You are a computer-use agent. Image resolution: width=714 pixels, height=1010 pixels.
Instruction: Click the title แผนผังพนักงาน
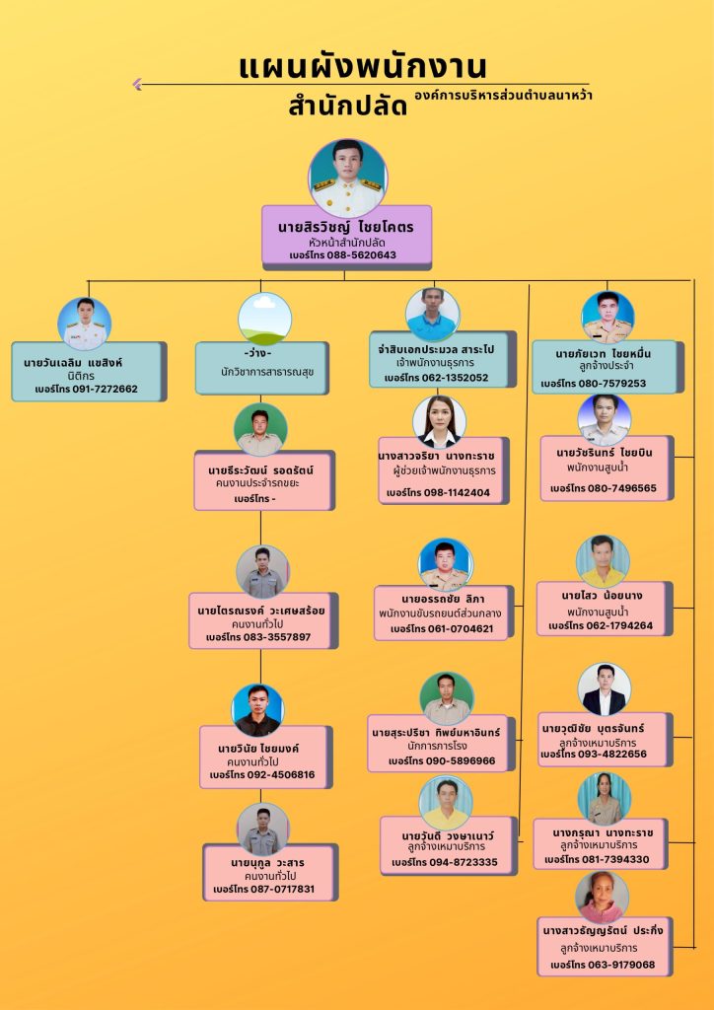pyautogui.click(x=362, y=67)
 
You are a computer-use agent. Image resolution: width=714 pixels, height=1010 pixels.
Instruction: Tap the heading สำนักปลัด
pyautogui.click(x=347, y=106)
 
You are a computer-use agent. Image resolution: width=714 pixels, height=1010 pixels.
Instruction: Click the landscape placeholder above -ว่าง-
pyautogui.click(x=264, y=319)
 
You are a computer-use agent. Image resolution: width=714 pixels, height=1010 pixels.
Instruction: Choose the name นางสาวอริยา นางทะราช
pyautogui.click(x=436, y=457)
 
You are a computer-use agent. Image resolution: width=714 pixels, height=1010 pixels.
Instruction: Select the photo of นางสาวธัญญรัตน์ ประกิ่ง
pyautogui.click(x=602, y=897)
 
